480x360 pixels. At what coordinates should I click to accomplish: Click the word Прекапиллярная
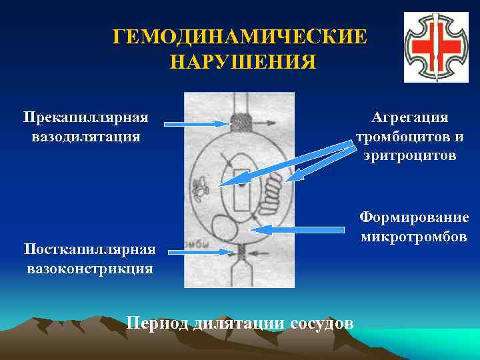coord(85,118)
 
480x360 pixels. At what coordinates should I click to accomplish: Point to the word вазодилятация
coord(85,137)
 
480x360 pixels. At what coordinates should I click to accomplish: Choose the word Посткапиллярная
coord(89,249)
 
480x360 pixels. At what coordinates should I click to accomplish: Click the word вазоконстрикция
coord(90,269)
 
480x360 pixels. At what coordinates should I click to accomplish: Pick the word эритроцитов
coord(410,156)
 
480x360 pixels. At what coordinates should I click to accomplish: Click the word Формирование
coord(414,218)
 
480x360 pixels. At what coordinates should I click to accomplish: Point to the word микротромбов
coord(414,237)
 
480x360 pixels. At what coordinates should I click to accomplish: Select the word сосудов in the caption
coord(323,323)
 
